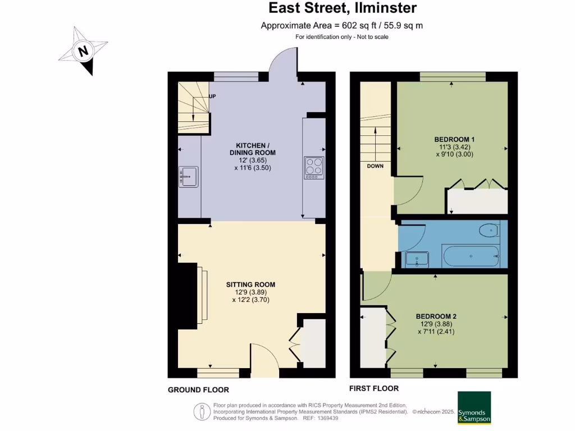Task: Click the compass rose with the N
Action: [84, 52]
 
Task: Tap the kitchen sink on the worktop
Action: [187, 177]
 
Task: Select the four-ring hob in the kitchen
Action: [314, 168]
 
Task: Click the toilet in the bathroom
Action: [489, 230]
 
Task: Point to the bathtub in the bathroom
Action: [471, 257]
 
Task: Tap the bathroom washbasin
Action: [417, 259]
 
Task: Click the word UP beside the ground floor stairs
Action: [212, 96]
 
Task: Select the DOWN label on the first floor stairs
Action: [375, 166]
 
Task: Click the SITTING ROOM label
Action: [251, 285]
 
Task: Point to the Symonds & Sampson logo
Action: [474, 407]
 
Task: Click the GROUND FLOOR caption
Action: [198, 389]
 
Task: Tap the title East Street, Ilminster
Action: [343, 8]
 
